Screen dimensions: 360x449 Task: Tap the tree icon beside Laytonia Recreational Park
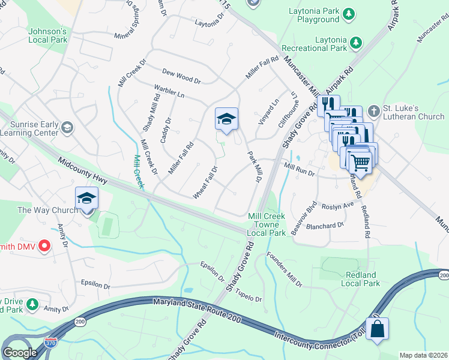[x=356, y=42]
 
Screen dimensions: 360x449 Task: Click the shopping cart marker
[x=360, y=160]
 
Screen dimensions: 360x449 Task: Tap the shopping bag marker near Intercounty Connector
[x=377, y=329]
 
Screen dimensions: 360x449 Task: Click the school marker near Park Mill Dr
[x=226, y=119]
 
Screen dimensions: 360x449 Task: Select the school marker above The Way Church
[x=86, y=198]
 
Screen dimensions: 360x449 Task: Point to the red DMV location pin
[x=44, y=245]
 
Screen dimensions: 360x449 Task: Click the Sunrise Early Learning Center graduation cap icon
[x=67, y=127]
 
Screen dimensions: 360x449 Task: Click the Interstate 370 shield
[x=52, y=343]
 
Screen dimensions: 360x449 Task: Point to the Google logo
[x=20, y=353]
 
